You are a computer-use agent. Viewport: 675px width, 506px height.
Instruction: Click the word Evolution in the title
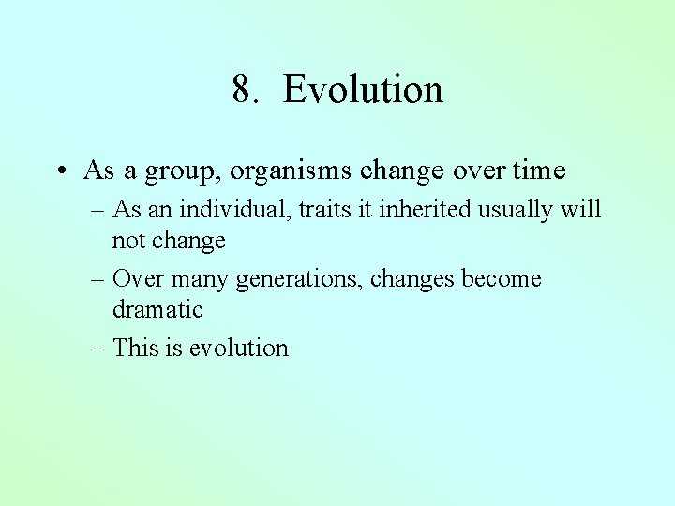[x=363, y=90]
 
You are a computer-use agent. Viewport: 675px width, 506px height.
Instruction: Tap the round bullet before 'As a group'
[x=59, y=171]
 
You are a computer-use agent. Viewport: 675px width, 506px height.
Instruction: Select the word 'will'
[x=581, y=209]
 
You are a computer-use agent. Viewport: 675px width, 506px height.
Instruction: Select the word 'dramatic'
[x=157, y=309]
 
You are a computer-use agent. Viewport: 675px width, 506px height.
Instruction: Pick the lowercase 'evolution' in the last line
[x=239, y=348]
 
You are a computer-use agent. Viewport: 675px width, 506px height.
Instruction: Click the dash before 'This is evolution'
[x=98, y=349]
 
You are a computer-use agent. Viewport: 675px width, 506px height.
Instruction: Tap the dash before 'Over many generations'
[x=98, y=280]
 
